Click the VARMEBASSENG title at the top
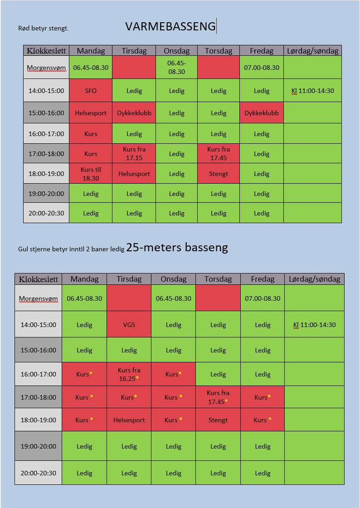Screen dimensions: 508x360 click(x=170, y=26)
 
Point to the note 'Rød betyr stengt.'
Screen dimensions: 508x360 click(x=43, y=28)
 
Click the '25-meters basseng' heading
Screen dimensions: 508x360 click(x=177, y=248)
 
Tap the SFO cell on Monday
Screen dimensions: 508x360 click(x=91, y=91)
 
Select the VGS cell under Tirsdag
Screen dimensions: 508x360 click(x=129, y=325)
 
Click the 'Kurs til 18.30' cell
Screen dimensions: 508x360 click(x=91, y=174)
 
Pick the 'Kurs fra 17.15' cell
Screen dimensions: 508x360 click(x=134, y=153)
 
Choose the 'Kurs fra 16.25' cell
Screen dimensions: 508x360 click(x=129, y=374)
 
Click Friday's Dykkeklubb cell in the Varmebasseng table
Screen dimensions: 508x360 click(x=262, y=113)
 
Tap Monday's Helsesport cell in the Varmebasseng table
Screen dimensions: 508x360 click(x=91, y=113)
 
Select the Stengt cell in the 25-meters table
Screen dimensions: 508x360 click(x=218, y=420)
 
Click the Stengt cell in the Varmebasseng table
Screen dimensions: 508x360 click(x=219, y=174)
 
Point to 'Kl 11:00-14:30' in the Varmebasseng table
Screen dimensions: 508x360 click(x=312, y=91)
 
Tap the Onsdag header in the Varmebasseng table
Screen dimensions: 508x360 click(x=176, y=51)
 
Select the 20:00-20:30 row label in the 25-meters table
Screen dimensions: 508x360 click(x=39, y=473)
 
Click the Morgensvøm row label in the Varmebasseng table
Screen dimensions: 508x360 click(x=46, y=68)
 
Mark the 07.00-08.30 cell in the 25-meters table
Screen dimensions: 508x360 click(x=263, y=298)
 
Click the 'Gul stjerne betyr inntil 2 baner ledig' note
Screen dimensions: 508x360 click(x=71, y=249)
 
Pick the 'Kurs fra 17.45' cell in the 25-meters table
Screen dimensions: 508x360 click(x=218, y=397)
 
